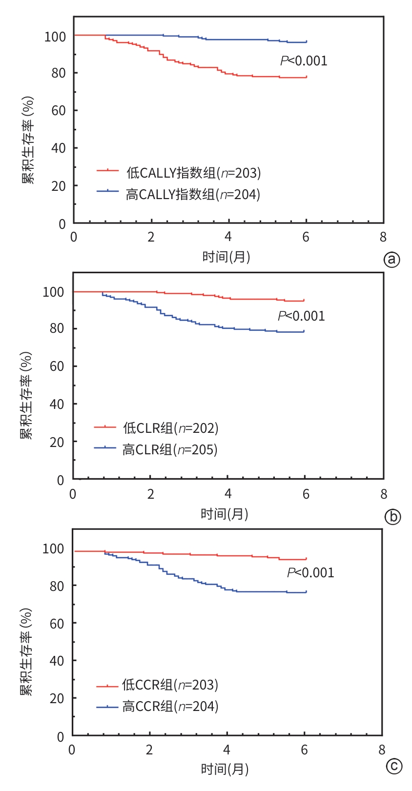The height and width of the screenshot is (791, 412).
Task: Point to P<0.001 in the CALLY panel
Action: point(304,61)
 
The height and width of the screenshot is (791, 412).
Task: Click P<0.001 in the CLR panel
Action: point(301,316)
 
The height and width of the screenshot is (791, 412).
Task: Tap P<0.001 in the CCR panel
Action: point(310,572)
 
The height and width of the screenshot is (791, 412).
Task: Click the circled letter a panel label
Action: point(391,260)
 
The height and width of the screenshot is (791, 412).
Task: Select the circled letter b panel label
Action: point(392,516)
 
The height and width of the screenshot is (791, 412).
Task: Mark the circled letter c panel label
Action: point(393,767)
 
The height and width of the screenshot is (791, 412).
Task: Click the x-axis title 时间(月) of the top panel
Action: point(227,256)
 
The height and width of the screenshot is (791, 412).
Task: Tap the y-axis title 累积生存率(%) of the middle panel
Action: point(26,395)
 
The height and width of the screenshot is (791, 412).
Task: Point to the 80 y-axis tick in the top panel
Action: point(58,73)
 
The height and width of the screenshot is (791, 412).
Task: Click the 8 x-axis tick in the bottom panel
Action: point(382,750)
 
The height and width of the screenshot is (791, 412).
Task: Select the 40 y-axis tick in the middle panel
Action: point(57,404)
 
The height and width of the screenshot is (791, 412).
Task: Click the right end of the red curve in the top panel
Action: point(306,77)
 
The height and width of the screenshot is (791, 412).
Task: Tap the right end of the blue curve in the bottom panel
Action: point(306,592)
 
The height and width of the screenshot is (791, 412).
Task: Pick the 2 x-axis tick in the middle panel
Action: point(150,494)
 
